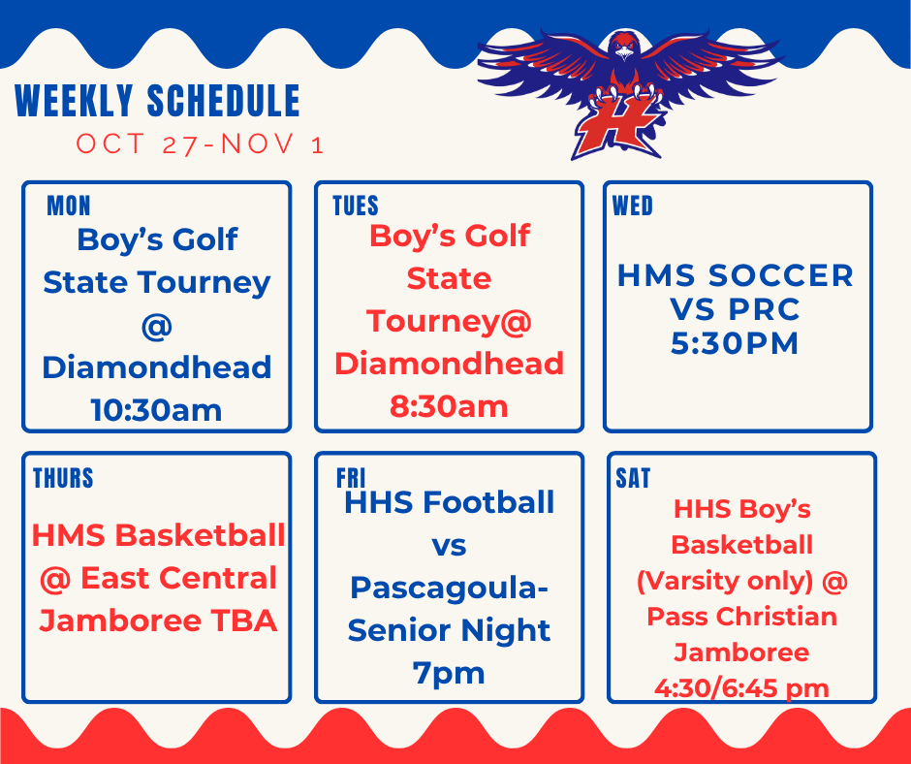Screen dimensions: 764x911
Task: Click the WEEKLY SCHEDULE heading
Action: point(158,102)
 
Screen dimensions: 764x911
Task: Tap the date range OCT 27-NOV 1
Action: point(200,144)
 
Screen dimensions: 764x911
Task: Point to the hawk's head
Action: point(624,46)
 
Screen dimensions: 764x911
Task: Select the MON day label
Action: point(69,206)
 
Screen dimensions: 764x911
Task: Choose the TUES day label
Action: point(356,206)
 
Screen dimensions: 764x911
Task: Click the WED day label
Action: point(633,206)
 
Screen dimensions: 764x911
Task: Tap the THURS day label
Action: point(63,478)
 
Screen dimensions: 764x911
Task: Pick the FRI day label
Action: point(350,478)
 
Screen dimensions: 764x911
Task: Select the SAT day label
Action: point(633,478)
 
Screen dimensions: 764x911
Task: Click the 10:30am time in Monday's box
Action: point(156,410)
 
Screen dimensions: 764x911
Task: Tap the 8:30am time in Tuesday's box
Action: point(449,406)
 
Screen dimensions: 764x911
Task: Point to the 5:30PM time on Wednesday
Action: point(737,343)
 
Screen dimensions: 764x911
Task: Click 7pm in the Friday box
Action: point(449,673)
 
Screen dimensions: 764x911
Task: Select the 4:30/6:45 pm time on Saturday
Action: point(741,688)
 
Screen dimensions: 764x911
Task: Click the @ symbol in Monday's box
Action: point(156,326)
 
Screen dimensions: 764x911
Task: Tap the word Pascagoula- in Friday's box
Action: point(449,588)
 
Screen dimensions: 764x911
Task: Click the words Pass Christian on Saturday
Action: point(741,617)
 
